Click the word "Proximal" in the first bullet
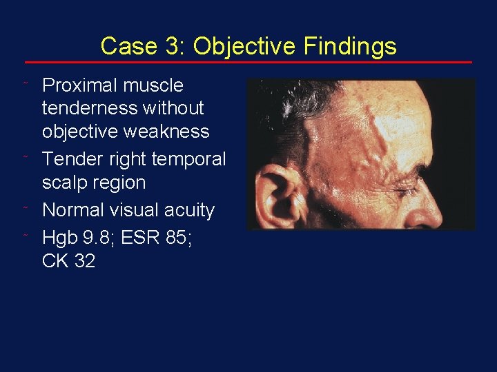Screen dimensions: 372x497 pos(79,85)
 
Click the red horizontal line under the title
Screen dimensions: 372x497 pos(248,62)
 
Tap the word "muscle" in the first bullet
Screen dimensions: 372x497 pos(153,85)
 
